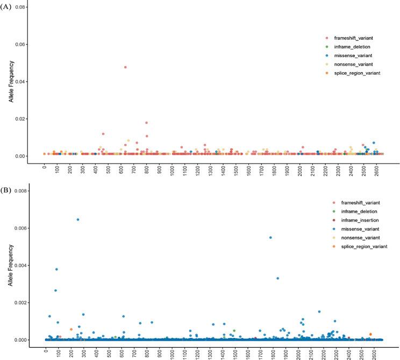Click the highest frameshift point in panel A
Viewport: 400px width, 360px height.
125,67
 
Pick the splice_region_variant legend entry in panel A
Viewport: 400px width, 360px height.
355,73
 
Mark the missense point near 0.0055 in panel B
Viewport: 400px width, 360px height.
270,237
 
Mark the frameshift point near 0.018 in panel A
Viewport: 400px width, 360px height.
146,123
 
